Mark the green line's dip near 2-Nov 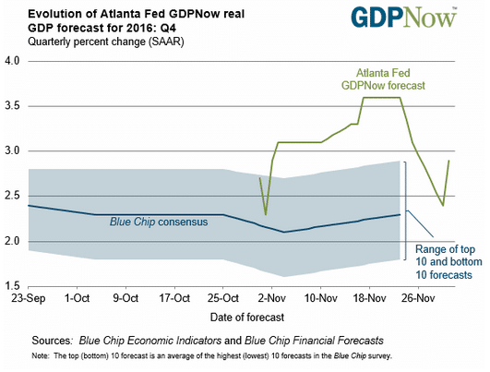tap(266, 214)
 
